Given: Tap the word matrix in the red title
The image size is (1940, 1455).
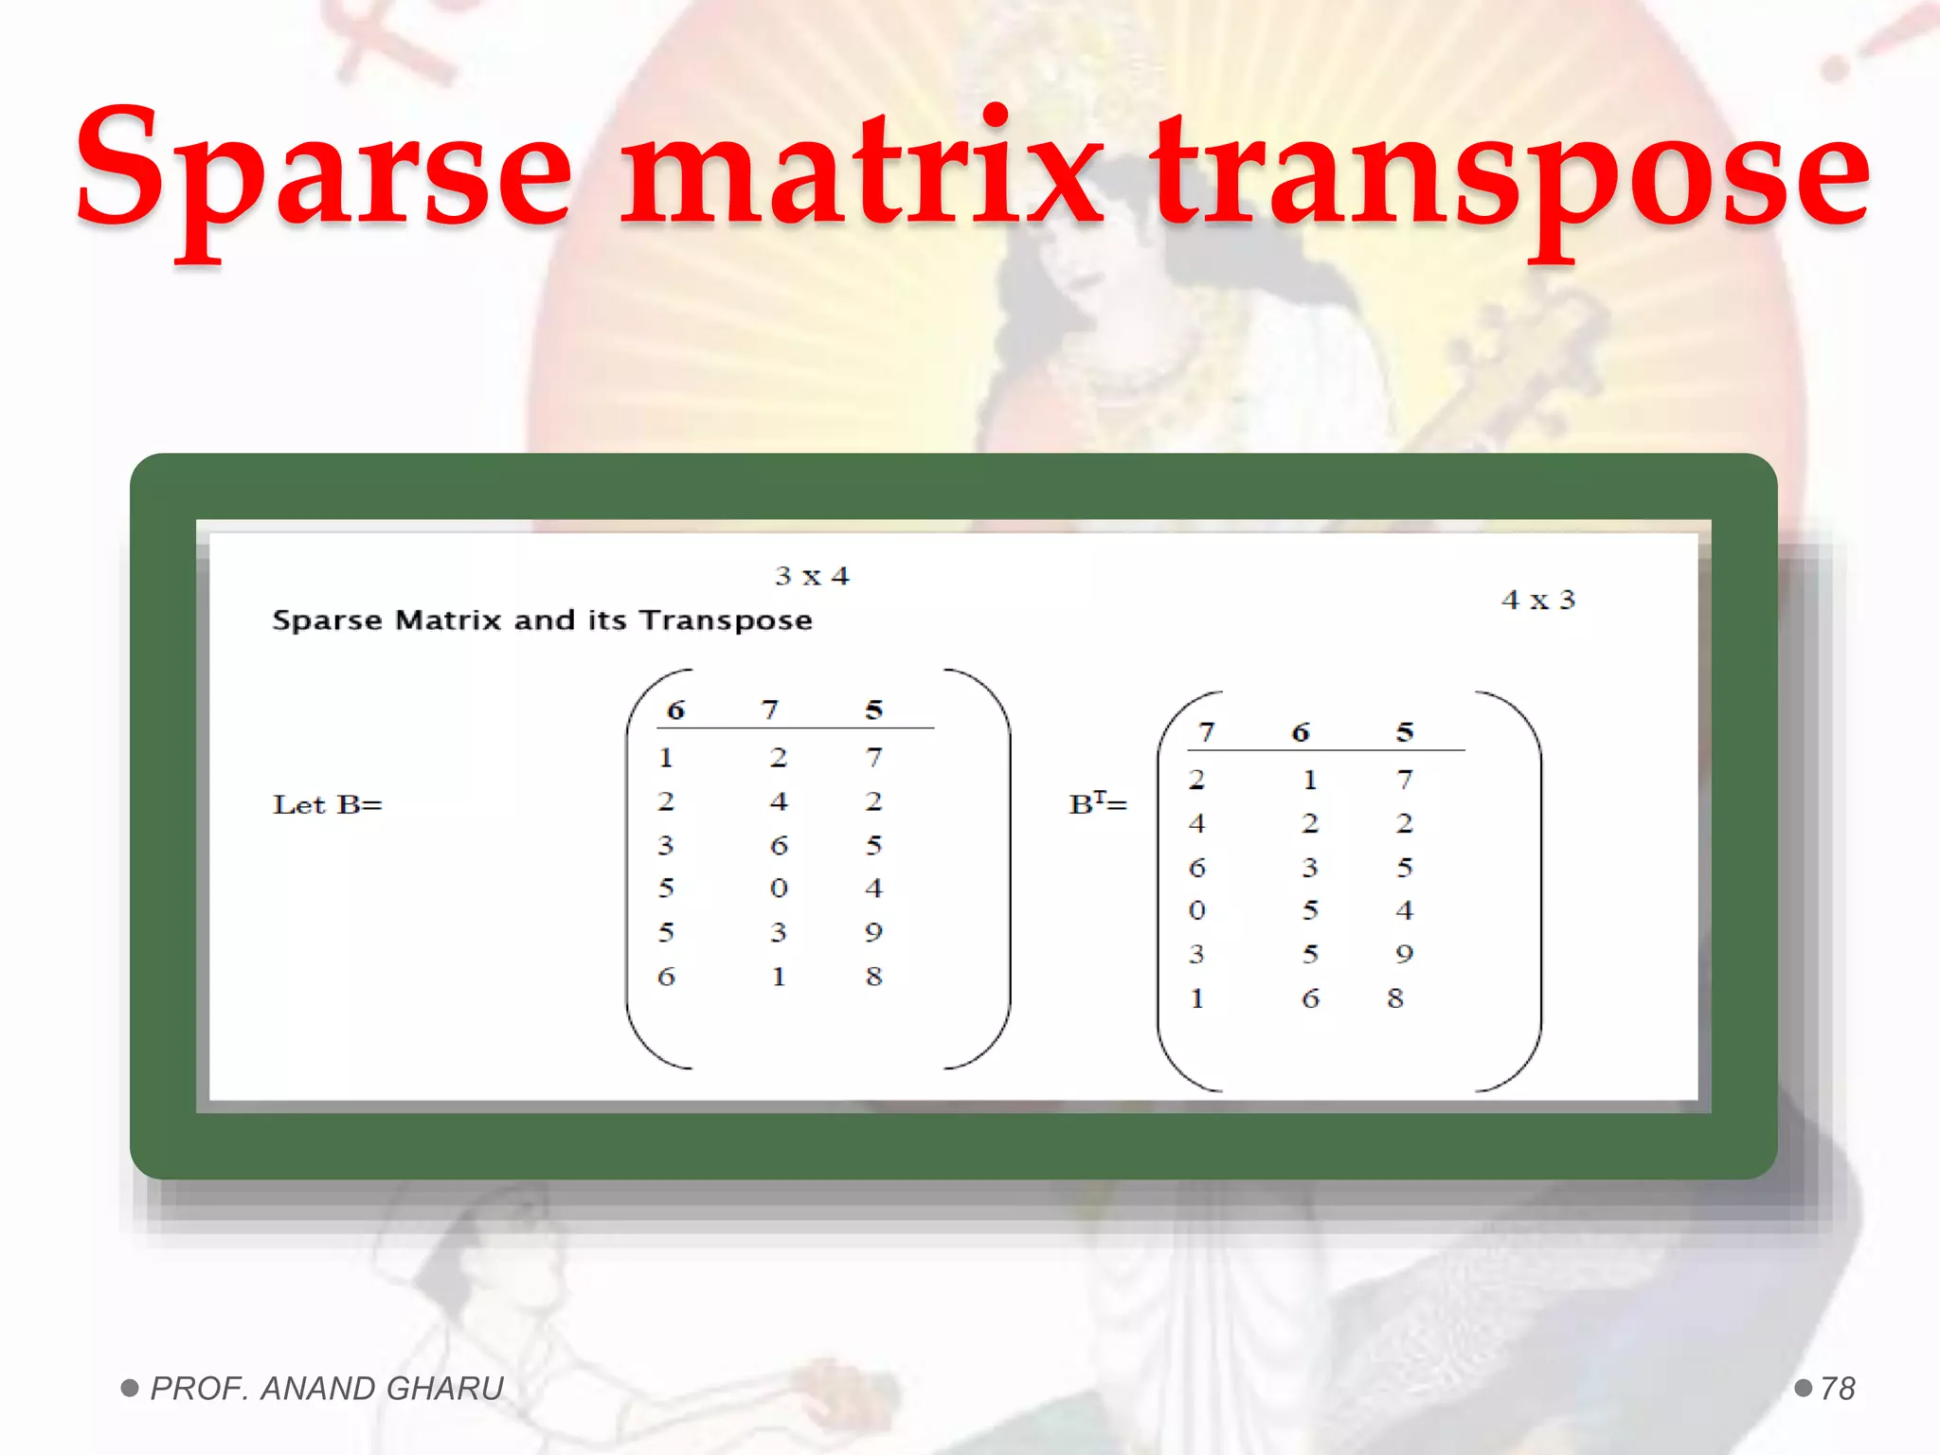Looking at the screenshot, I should coord(862,171).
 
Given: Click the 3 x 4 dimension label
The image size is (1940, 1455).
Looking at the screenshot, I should coord(812,576).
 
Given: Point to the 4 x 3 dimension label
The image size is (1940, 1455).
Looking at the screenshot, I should coord(1538,600).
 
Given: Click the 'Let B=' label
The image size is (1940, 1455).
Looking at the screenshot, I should coord(327,805).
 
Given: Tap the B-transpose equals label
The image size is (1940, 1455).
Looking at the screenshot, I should coord(1098,804).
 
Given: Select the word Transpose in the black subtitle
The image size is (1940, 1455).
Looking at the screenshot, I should coord(726,620).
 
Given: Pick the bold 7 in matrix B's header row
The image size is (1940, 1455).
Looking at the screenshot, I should coord(770,710).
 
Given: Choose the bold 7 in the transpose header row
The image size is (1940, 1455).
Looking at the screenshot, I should coord(1206,732).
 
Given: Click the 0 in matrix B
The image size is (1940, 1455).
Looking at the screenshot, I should coord(779,889).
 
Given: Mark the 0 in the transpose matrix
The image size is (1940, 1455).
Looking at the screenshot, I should coord(1197,910).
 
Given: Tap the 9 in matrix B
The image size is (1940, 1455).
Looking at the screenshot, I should coord(873,932).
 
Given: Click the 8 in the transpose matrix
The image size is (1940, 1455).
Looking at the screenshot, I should coord(1395,998).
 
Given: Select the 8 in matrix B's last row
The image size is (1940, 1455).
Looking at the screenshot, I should coord(873,976).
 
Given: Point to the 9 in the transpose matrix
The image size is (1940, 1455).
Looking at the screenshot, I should coord(1404,954).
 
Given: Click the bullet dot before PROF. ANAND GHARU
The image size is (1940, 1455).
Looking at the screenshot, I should coord(130,1389).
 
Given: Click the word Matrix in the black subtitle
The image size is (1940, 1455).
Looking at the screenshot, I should coord(448,620).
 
